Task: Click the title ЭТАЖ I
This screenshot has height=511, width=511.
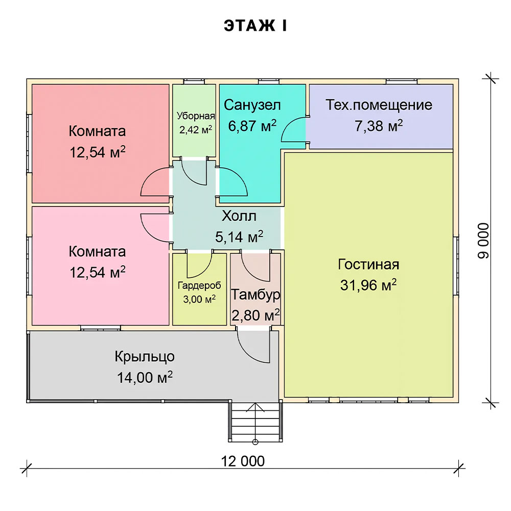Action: (255, 26)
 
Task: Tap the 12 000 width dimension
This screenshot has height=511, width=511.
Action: (243, 461)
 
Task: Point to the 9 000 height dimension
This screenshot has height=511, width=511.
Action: (483, 241)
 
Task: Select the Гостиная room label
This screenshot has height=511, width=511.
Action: (368, 264)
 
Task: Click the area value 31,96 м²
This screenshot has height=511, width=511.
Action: (368, 285)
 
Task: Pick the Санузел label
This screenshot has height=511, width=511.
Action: (252, 105)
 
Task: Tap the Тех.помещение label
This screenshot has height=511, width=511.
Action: (379, 105)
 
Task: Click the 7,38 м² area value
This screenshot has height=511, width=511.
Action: (379, 126)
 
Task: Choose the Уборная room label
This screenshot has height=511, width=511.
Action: (196, 115)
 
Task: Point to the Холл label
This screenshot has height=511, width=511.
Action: (239, 216)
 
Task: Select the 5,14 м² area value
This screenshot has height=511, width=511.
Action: (239, 237)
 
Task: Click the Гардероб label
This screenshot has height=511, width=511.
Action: (199, 286)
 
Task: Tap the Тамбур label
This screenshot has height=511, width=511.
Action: (255, 295)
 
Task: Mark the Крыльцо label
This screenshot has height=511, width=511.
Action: (145, 357)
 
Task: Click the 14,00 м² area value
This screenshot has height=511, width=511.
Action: (145, 378)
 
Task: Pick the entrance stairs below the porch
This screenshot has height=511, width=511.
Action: (255, 422)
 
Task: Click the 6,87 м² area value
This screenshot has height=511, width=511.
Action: (252, 126)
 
